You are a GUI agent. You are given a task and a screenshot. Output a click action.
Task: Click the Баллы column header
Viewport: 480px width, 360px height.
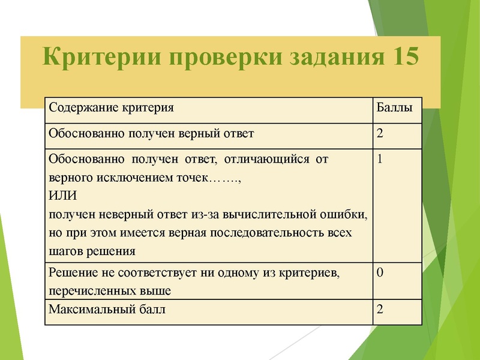point(394,109)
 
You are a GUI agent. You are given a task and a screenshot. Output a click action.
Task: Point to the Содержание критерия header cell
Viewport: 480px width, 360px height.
point(111,109)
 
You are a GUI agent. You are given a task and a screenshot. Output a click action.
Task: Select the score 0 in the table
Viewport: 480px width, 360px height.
point(380,273)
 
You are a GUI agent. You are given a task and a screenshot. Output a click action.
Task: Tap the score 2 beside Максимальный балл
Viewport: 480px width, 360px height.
point(380,310)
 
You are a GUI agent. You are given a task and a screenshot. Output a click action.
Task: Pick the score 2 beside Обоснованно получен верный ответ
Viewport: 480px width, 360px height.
point(380,133)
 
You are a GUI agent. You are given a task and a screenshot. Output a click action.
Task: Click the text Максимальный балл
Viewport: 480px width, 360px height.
point(107,310)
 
